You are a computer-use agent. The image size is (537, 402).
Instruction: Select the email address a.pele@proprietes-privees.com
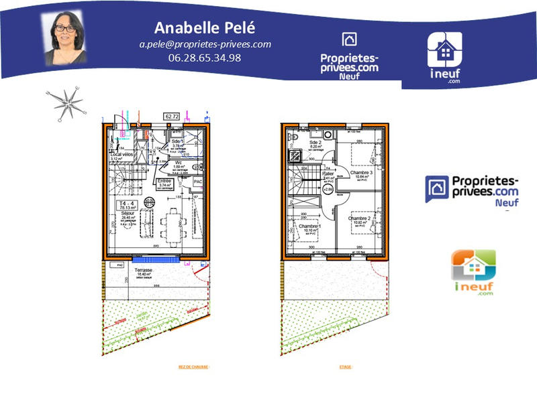[205, 44]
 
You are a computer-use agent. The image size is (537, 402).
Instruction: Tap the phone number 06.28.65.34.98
[205, 58]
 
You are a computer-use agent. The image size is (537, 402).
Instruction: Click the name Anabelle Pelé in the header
[205, 27]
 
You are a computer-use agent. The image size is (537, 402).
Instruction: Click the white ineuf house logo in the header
[445, 50]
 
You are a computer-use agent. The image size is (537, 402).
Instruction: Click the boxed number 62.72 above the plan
[173, 116]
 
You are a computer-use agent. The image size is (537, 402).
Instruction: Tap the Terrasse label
[143, 270]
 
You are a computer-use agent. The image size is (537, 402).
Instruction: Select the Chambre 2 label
[359, 218]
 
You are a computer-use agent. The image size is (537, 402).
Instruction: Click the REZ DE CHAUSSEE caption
[193, 367]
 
